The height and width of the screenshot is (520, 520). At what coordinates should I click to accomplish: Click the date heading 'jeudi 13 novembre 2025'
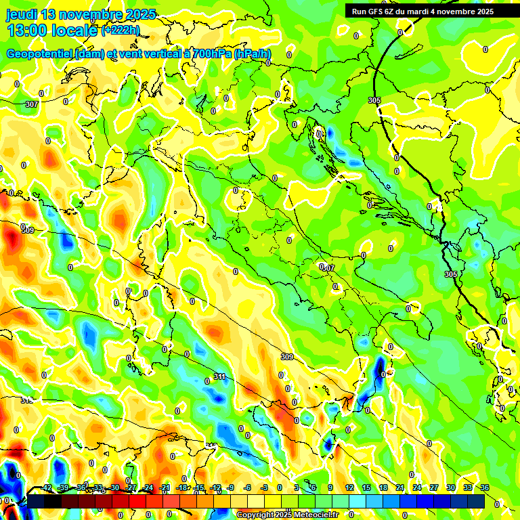(81, 14)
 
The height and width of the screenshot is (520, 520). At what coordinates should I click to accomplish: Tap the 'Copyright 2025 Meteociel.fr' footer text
(287, 515)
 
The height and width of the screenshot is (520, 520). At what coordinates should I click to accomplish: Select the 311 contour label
(219, 376)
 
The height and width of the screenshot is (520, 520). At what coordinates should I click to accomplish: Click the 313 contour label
(27, 400)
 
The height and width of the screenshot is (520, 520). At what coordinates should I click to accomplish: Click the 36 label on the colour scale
(485, 487)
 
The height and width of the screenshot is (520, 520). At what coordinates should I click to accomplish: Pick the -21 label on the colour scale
(165, 487)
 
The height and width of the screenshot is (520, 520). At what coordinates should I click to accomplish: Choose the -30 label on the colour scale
(114, 487)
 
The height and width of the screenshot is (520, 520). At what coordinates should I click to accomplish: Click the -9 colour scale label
(231, 487)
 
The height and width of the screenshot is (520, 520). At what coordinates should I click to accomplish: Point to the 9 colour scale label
(330, 487)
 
